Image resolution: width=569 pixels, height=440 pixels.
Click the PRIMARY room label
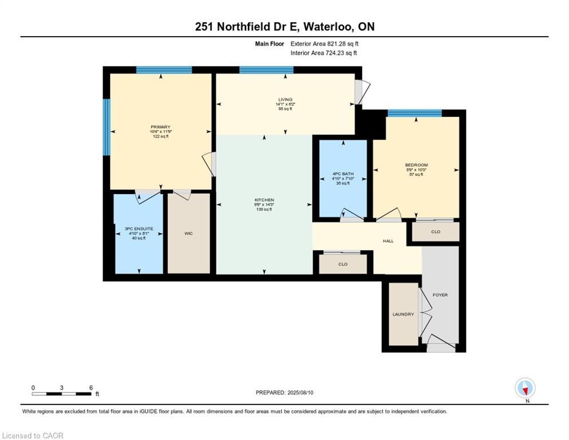[160, 127]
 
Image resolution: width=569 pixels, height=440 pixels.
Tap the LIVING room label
[285, 100]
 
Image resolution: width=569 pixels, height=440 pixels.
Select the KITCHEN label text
[264, 200]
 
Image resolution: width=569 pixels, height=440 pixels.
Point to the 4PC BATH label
[343, 174]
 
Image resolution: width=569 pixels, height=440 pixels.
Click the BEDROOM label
[416, 165]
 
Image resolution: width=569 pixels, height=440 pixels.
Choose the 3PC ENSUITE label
[139, 229]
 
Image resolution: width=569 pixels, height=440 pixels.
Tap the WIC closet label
[189, 233]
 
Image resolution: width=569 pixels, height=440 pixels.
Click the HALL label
[388, 241]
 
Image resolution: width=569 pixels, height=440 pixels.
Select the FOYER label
[440, 295]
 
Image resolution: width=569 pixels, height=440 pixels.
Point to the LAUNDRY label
[403, 314]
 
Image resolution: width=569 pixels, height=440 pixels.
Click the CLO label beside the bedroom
[436, 232]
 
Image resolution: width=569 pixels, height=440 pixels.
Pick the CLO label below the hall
[343, 264]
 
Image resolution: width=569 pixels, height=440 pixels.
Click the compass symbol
[525, 389]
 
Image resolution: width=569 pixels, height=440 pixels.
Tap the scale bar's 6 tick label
[90, 388]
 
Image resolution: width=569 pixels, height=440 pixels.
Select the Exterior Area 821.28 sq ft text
[325, 44]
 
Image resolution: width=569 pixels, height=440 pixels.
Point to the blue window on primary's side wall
[106, 127]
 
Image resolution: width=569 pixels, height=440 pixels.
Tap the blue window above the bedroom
[414, 113]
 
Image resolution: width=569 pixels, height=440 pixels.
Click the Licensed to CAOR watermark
[33, 436]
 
